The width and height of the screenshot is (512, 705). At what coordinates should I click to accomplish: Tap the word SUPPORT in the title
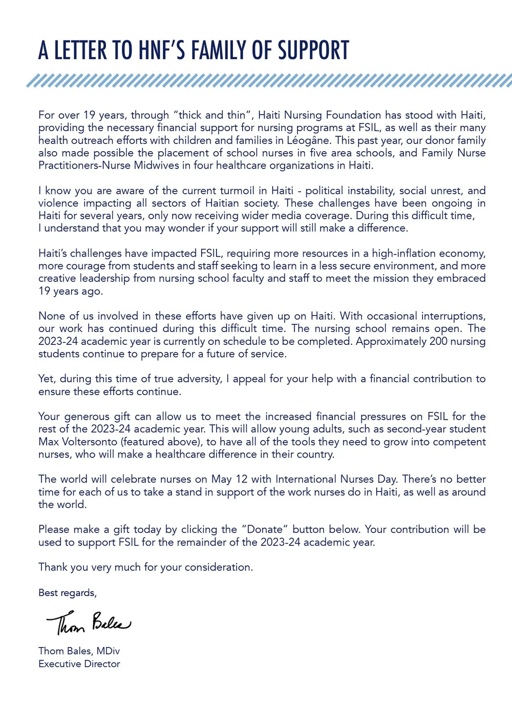(x=313, y=51)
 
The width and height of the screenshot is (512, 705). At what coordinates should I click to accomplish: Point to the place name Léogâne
(x=309, y=140)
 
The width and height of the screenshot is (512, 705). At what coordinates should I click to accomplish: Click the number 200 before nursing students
(x=438, y=341)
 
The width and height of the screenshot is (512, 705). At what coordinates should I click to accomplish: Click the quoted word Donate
(x=265, y=529)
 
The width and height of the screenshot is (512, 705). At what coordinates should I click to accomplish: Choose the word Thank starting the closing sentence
(x=53, y=567)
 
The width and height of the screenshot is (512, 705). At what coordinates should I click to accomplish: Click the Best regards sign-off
(x=67, y=593)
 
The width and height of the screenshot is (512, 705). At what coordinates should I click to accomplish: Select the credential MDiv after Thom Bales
(x=108, y=651)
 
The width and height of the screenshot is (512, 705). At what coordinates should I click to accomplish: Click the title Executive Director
(x=79, y=664)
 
